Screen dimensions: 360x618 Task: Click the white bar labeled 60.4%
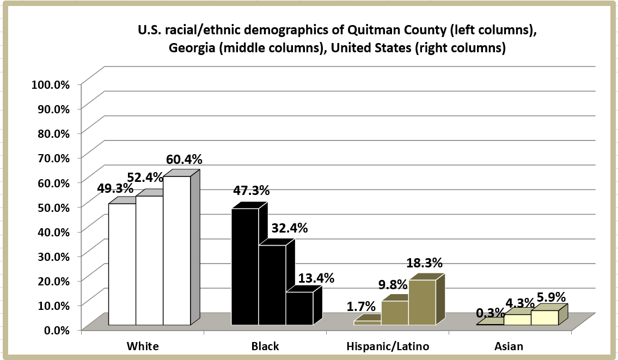(177, 251)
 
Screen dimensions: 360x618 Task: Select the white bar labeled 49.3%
(123, 264)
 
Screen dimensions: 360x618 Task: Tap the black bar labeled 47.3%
(245, 267)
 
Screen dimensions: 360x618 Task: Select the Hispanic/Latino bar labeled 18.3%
(423, 302)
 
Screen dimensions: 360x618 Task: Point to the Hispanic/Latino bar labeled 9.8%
(395, 313)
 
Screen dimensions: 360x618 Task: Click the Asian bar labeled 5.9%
(544, 318)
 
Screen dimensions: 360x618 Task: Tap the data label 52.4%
(145, 177)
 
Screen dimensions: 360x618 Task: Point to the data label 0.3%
(489, 313)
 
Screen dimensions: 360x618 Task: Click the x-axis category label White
(143, 346)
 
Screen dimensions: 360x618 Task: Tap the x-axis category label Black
(265, 346)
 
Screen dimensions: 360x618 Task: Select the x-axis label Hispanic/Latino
(388, 346)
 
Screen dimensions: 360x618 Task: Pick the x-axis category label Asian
(509, 346)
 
